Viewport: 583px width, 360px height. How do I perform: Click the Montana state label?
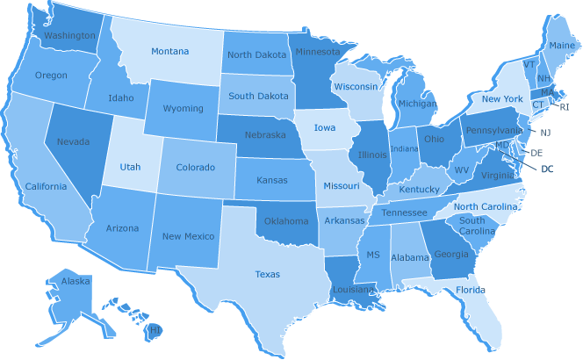tap(169, 51)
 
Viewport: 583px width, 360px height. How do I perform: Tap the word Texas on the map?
tap(268, 274)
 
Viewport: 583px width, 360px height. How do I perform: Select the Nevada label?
tap(72, 141)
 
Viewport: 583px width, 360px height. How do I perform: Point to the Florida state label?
tap(470, 290)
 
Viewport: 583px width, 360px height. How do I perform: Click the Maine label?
tap(562, 45)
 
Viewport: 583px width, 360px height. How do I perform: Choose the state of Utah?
tap(130, 166)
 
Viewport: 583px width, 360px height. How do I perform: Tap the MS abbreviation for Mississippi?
tap(372, 255)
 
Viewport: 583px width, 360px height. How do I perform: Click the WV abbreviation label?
tap(462, 169)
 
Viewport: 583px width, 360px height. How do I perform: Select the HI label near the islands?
tap(155, 329)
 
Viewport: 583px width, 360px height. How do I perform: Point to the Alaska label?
tap(76, 282)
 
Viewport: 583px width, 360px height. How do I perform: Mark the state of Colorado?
tap(195, 167)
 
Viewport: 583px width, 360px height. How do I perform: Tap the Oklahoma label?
tap(286, 221)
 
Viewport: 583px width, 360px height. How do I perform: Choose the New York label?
tap(502, 98)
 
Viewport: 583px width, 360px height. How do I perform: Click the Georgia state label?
tap(451, 255)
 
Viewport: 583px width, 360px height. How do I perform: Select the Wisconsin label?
tap(355, 87)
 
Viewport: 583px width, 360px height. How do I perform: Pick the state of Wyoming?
tap(184, 109)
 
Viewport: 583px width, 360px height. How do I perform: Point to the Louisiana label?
tap(354, 288)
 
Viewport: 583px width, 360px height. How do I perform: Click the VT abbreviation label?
tap(529, 64)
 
